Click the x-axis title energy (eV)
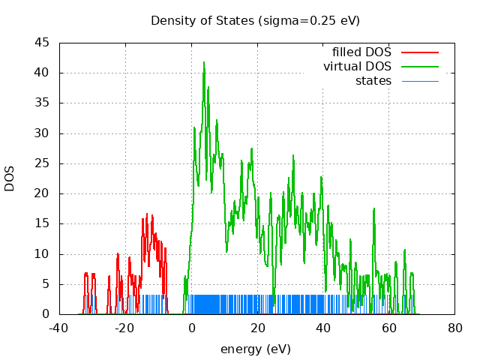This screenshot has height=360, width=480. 255,349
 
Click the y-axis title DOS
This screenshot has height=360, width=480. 10,178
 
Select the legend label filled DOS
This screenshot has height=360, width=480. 361,52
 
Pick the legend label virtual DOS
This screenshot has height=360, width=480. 357,67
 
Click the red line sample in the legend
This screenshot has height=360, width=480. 419,52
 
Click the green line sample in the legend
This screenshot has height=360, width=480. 419,67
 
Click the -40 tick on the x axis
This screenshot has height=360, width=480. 59,328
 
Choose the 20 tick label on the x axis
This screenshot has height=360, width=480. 257,328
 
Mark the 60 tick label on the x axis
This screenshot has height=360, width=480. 388,328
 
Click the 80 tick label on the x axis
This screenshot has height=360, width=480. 454,328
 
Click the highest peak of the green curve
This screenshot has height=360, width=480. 203,62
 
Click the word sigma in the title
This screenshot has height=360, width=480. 276,20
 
